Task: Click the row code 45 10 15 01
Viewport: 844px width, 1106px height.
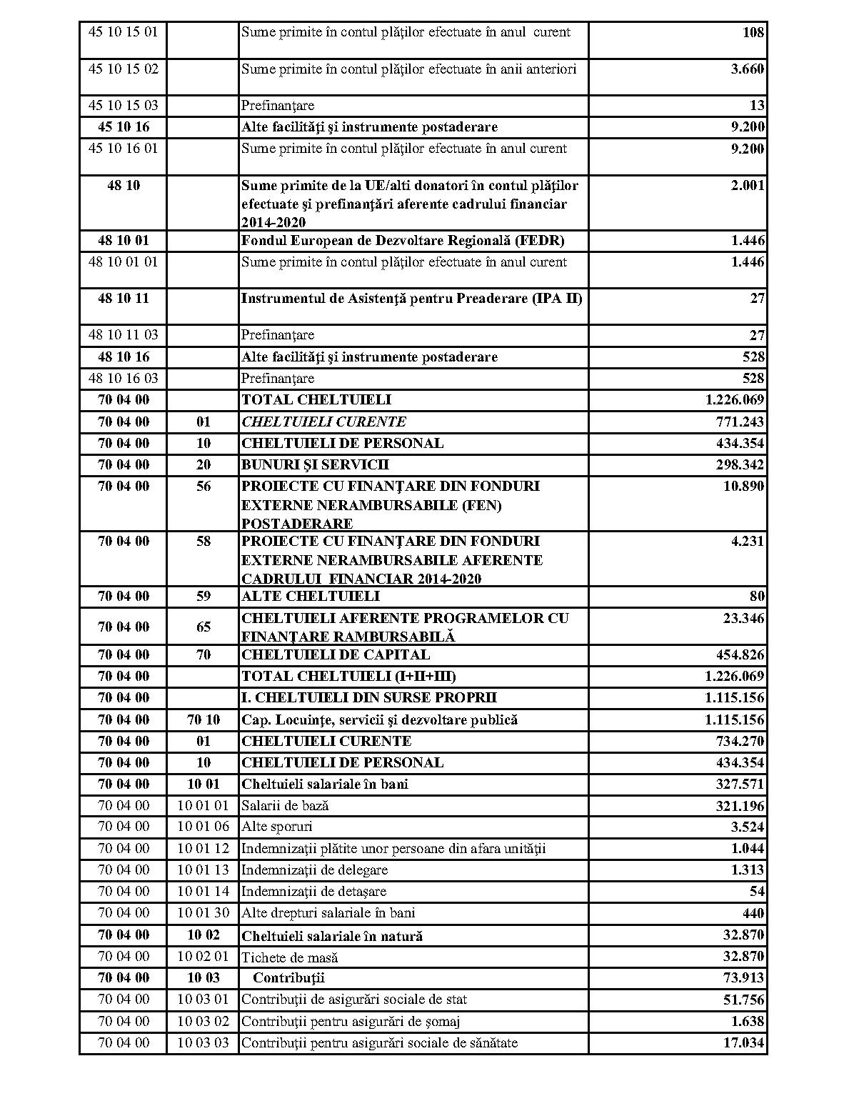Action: pyautogui.click(x=123, y=32)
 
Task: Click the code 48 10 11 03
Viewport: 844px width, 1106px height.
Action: pyautogui.click(x=123, y=335)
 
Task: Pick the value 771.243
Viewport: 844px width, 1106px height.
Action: pyautogui.click(x=740, y=422)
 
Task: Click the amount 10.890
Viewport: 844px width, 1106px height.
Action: pyautogui.click(x=743, y=487)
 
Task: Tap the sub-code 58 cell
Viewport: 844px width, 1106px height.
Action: pyautogui.click(x=204, y=542)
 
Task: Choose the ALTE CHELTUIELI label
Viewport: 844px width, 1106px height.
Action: pyautogui.click(x=311, y=597)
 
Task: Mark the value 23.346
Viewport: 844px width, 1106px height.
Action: pyautogui.click(x=743, y=618)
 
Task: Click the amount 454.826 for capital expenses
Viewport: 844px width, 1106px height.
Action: pyautogui.click(x=740, y=655)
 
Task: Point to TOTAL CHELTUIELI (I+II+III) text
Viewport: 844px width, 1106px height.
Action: pyautogui.click(x=348, y=677)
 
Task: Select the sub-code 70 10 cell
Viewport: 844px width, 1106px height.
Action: pyautogui.click(x=204, y=720)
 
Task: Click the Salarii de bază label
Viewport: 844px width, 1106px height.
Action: pyautogui.click(x=285, y=806)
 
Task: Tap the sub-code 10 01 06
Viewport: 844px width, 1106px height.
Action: pyautogui.click(x=204, y=827)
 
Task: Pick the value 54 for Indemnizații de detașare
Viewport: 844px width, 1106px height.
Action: pyautogui.click(x=756, y=892)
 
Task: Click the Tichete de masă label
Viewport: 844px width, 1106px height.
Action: pyautogui.click(x=289, y=957)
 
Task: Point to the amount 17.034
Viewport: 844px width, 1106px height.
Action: pyautogui.click(x=743, y=1043)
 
